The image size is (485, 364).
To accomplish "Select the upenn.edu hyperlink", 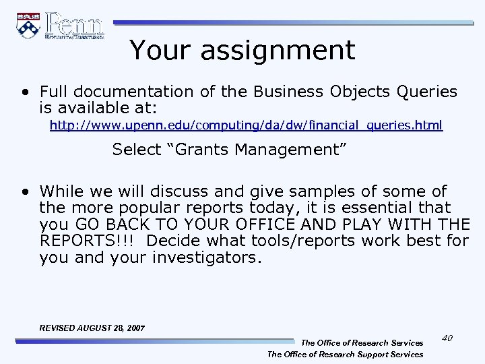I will (x=247, y=125).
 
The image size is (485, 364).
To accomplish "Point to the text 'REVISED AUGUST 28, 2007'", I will (x=92, y=328).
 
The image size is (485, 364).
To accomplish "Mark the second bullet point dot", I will (x=25, y=192).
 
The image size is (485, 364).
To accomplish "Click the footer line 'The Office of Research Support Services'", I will (x=346, y=354).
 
